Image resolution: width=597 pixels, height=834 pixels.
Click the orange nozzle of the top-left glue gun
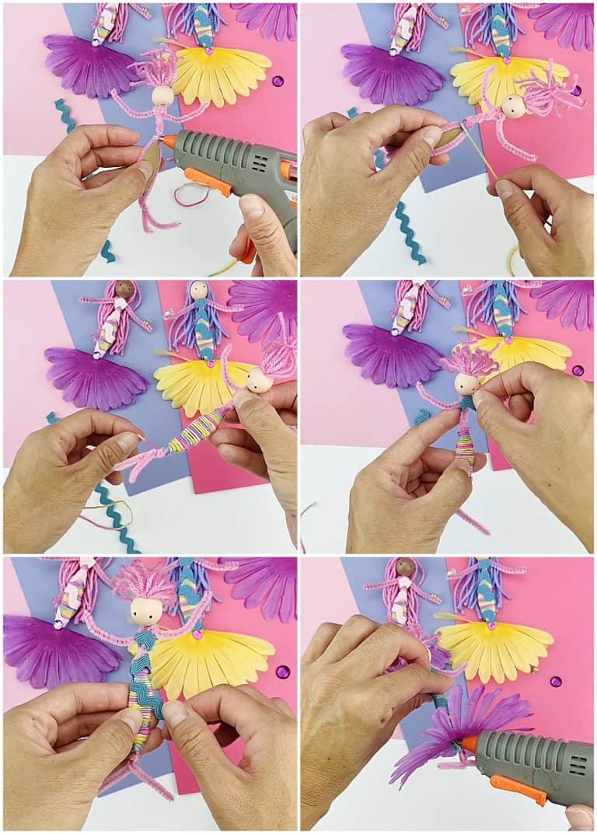[169, 142]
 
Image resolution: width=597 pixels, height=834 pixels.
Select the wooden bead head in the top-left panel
[163, 96]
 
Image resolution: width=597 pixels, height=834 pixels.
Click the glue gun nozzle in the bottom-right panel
[469, 744]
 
